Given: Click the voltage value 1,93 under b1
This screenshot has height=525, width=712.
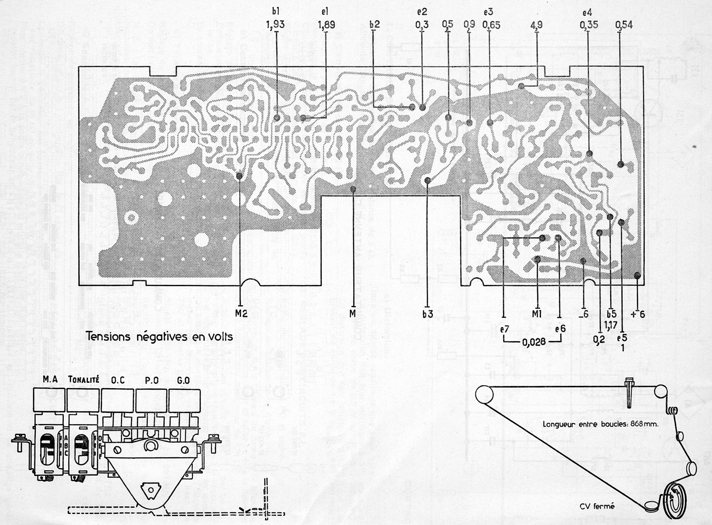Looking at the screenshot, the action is pos(275,25).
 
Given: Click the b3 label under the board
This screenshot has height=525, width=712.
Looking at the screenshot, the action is pos(427,314).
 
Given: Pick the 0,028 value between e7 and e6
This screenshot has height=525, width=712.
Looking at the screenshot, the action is pos(534,342).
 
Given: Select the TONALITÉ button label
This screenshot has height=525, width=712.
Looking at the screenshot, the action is pos(84,379).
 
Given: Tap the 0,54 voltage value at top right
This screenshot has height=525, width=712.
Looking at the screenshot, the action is pos(624,25).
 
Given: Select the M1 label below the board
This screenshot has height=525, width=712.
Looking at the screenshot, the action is pos(537,314).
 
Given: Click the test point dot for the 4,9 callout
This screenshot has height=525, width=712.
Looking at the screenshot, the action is pos(521,86).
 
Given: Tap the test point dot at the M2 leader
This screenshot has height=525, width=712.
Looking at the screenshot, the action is pos(239,175).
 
